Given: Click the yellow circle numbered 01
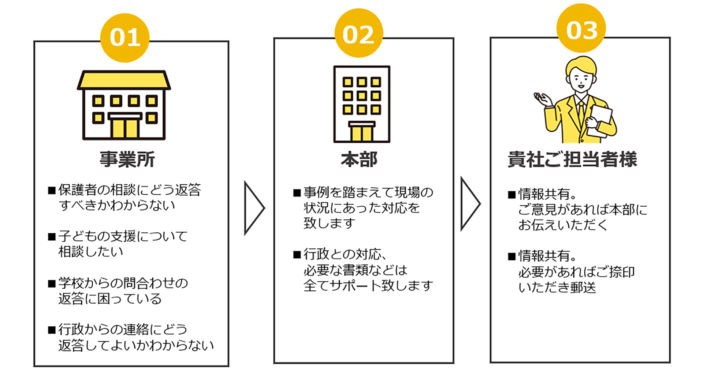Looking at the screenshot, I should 124,38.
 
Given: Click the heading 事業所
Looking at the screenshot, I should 127,160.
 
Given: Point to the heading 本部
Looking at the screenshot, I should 359,160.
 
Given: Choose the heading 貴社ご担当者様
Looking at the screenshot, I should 572,160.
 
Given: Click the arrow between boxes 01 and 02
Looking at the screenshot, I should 253,208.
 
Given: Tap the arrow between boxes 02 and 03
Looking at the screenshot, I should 470,204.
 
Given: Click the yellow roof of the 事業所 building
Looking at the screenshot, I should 124,80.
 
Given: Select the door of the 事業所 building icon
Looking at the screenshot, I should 124,127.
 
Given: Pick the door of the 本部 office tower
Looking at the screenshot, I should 361,132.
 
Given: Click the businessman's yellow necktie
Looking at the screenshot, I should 581,112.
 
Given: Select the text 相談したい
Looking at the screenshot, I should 91,252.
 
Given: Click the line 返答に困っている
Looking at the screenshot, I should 110,299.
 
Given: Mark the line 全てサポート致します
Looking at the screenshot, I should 368,286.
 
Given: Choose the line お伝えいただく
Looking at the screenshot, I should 563,225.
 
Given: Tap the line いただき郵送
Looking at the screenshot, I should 557,288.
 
